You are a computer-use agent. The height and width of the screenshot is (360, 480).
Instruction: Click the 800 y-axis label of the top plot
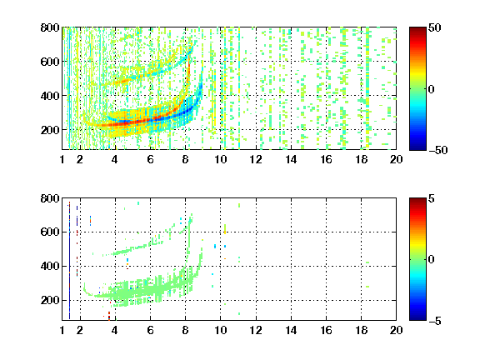(50, 27)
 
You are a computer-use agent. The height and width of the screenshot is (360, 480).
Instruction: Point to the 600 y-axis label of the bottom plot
(50, 232)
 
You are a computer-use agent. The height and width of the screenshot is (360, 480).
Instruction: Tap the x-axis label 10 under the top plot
(220, 159)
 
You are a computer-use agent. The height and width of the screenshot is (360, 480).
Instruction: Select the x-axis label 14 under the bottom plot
(291, 330)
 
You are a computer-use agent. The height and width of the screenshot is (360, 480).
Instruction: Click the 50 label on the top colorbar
(434, 27)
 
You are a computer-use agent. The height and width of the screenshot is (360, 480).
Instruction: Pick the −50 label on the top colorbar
(438, 150)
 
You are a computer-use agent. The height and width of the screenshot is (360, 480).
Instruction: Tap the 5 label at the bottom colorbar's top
(432, 198)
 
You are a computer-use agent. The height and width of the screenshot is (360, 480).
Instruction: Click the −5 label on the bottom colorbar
(435, 321)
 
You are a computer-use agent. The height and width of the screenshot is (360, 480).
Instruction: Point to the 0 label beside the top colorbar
(432, 89)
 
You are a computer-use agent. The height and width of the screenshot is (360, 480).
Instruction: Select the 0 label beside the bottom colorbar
(432, 260)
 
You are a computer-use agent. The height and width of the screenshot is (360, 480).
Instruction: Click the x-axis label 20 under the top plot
(396, 159)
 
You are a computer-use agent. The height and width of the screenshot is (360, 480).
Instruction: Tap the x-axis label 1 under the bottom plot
(62, 330)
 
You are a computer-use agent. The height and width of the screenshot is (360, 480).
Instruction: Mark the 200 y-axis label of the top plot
(50, 130)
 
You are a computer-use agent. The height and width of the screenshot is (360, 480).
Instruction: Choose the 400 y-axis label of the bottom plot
(50, 266)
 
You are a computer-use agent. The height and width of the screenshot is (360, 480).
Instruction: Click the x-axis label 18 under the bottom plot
(361, 330)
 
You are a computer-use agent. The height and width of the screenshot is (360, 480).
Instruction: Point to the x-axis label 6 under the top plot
(150, 159)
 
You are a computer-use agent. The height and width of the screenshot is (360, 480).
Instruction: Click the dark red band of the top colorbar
(417, 31)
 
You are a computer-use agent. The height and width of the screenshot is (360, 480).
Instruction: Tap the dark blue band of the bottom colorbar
(417, 317)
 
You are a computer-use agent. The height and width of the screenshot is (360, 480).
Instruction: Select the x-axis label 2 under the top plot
(80, 159)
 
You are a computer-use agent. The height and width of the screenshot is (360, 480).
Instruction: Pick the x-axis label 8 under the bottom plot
(185, 330)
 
